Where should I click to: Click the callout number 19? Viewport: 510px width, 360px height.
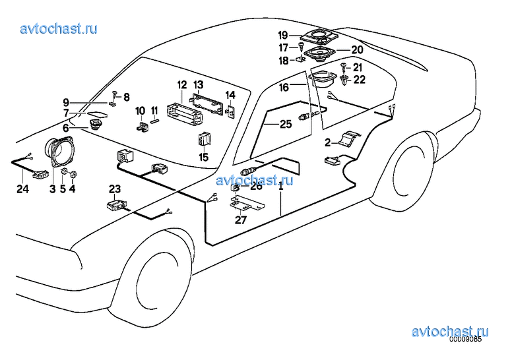(x=283, y=35)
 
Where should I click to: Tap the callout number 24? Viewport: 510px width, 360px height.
(x=23, y=189)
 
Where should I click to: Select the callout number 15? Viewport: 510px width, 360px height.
(x=204, y=158)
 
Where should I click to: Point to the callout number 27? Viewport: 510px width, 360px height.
(x=241, y=220)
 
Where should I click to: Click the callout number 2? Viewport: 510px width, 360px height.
(x=328, y=142)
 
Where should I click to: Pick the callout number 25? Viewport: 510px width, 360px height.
(x=286, y=124)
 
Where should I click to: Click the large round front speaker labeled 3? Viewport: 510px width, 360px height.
(x=59, y=152)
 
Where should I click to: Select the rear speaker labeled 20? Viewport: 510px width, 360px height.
(x=320, y=53)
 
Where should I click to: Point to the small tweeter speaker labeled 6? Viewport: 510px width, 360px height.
(x=96, y=124)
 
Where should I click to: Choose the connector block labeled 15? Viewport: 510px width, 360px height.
(x=205, y=140)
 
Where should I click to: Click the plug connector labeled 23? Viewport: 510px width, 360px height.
(x=116, y=205)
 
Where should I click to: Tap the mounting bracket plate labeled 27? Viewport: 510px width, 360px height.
(x=247, y=204)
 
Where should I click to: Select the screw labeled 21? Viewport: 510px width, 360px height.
(x=344, y=67)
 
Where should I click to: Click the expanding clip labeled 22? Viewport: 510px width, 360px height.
(x=344, y=80)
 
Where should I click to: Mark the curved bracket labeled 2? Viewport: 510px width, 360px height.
(x=349, y=138)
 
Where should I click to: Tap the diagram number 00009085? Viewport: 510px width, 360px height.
(x=465, y=340)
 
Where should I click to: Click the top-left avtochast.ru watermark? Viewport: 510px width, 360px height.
(x=59, y=28)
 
